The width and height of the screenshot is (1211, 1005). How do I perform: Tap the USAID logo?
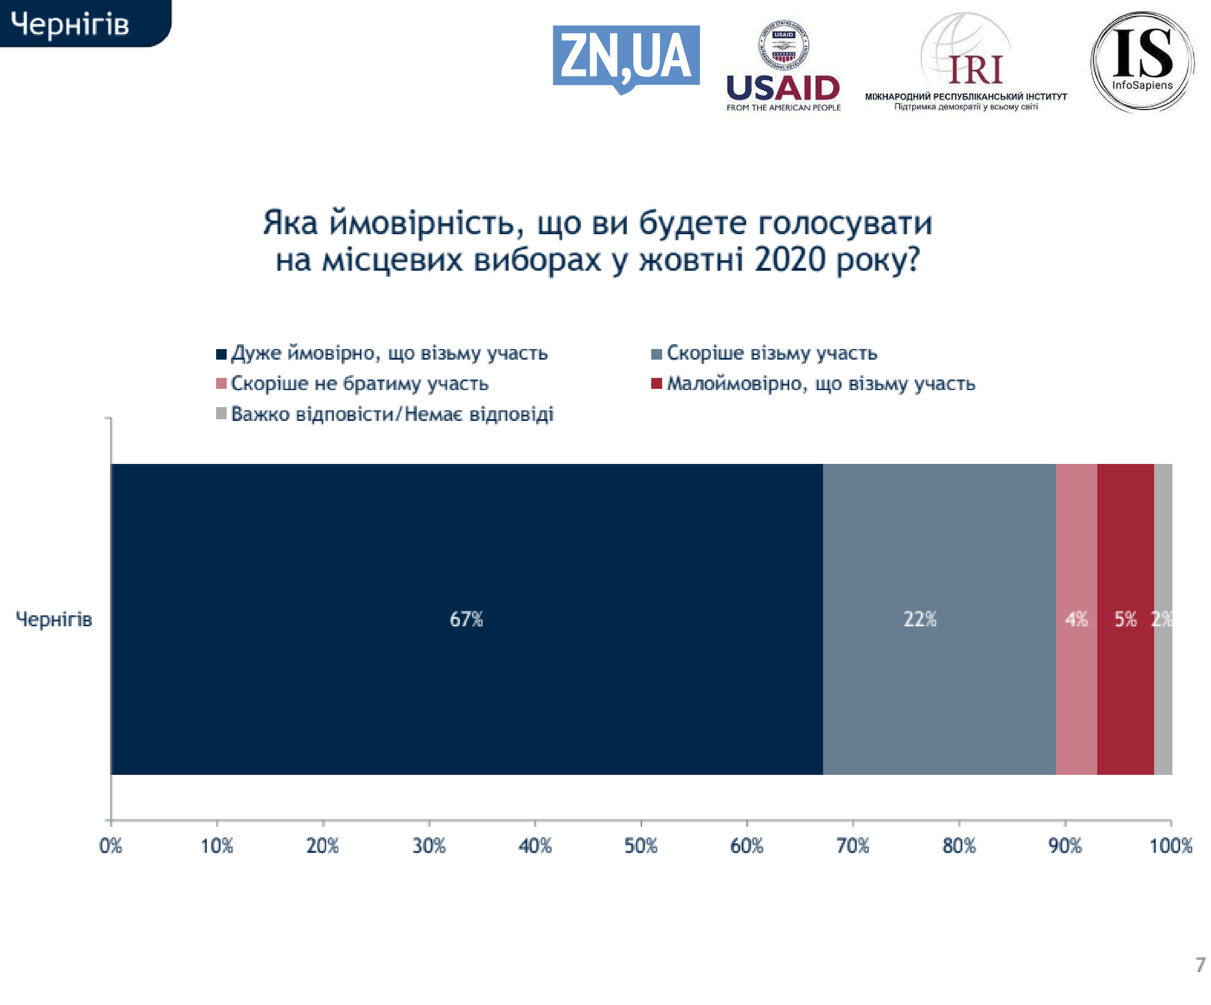point(783,66)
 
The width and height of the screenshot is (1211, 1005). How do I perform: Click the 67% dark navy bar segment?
point(466,619)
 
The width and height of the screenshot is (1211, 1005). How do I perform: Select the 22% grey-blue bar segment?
point(939,619)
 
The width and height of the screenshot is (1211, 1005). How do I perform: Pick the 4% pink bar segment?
point(1076,619)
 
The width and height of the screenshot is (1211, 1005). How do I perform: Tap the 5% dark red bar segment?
point(1125,619)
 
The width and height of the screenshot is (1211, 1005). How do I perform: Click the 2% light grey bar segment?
point(1163,619)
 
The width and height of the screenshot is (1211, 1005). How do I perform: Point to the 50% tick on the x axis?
point(641,846)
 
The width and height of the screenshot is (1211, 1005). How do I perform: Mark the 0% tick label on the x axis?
point(111,846)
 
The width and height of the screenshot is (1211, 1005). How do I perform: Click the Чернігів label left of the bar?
point(54,619)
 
